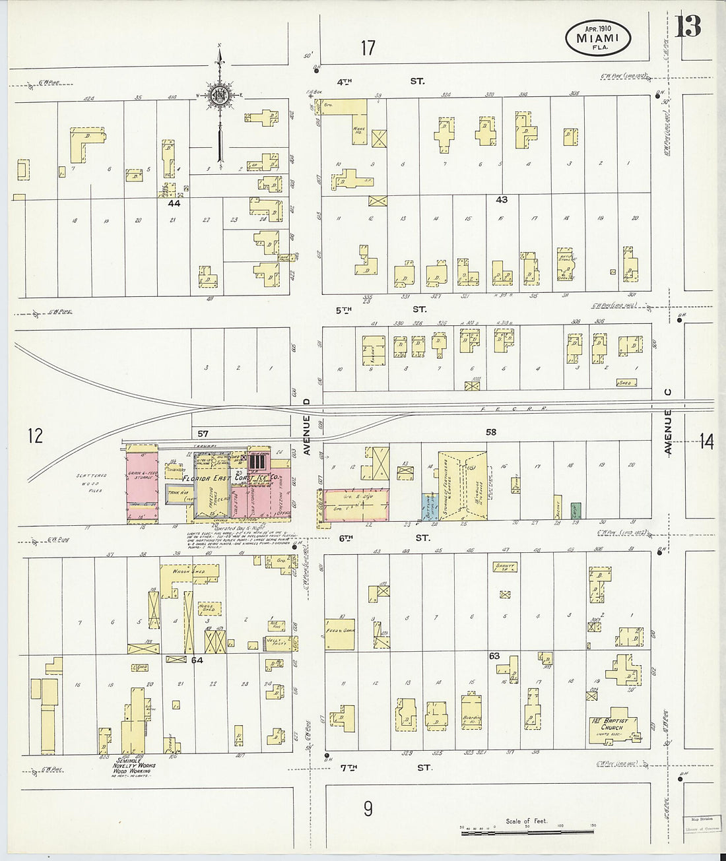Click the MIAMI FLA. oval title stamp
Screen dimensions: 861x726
[598, 39]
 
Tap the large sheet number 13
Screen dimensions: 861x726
[688, 26]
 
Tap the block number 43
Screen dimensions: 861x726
[502, 199]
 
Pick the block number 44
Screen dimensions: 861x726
[174, 204]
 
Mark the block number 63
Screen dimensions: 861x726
[494, 656]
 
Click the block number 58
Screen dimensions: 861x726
[490, 432]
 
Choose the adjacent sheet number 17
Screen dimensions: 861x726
[368, 48]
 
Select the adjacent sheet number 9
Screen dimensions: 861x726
[368, 808]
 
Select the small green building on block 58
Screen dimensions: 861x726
[576, 511]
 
